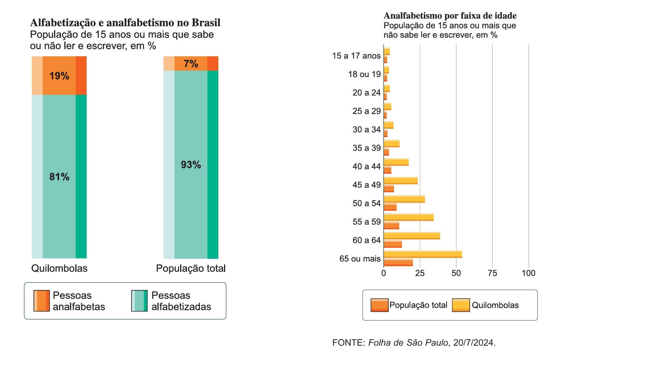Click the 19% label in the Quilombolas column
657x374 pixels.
pyautogui.click(x=59, y=76)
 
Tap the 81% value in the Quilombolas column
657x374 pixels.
pyautogui.click(x=59, y=177)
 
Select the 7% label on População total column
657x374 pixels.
pyautogui.click(x=191, y=64)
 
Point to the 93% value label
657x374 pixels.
pyautogui.click(x=191, y=165)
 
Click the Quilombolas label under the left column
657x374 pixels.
pyautogui.click(x=59, y=269)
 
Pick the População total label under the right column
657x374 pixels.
pyautogui.click(x=191, y=269)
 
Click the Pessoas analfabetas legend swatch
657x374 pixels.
pyautogui.click(x=42, y=301)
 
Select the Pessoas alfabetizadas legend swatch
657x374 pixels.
pyautogui.click(x=139, y=301)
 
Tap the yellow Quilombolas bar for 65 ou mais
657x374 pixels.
pyautogui.click(x=423, y=254)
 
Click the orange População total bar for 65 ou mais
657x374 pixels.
pyautogui.click(x=398, y=263)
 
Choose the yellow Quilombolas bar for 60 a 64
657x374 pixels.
pyautogui.click(x=412, y=236)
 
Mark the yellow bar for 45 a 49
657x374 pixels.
pyautogui.click(x=400, y=181)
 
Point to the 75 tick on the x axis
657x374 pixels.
pyautogui.click(x=492, y=273)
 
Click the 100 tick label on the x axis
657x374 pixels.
pyautogui.click(x=528, y=273)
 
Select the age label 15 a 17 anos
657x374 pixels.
pyautogui.click(x=356, y=56)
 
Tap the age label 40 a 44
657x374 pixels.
pyautogui.click(x=366, y=167)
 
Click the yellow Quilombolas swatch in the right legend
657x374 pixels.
pyautogui.click(x=461, y=305)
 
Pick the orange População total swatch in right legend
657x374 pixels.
pyautogui.click(x=380, y=305)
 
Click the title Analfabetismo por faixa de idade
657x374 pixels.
pyautogui.click(x=450, y=16)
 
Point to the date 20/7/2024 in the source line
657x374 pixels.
pyautogui.click(x=473, y=343)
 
